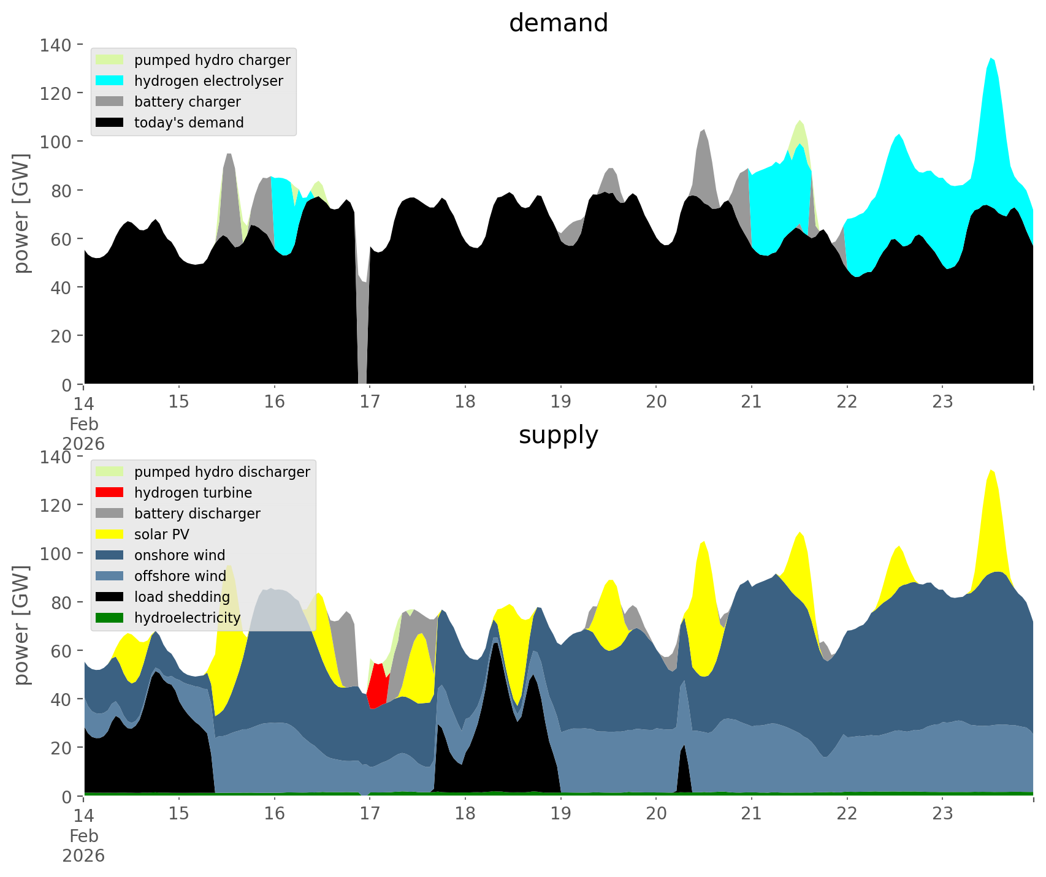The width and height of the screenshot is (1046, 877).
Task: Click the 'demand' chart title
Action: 558,23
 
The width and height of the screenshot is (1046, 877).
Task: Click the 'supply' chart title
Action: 558,435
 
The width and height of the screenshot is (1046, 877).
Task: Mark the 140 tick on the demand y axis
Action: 55,45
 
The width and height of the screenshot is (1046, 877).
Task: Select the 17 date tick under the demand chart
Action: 370,402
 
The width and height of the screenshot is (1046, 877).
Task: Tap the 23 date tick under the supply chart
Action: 942,814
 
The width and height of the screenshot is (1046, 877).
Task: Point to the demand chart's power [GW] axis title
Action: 21,214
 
